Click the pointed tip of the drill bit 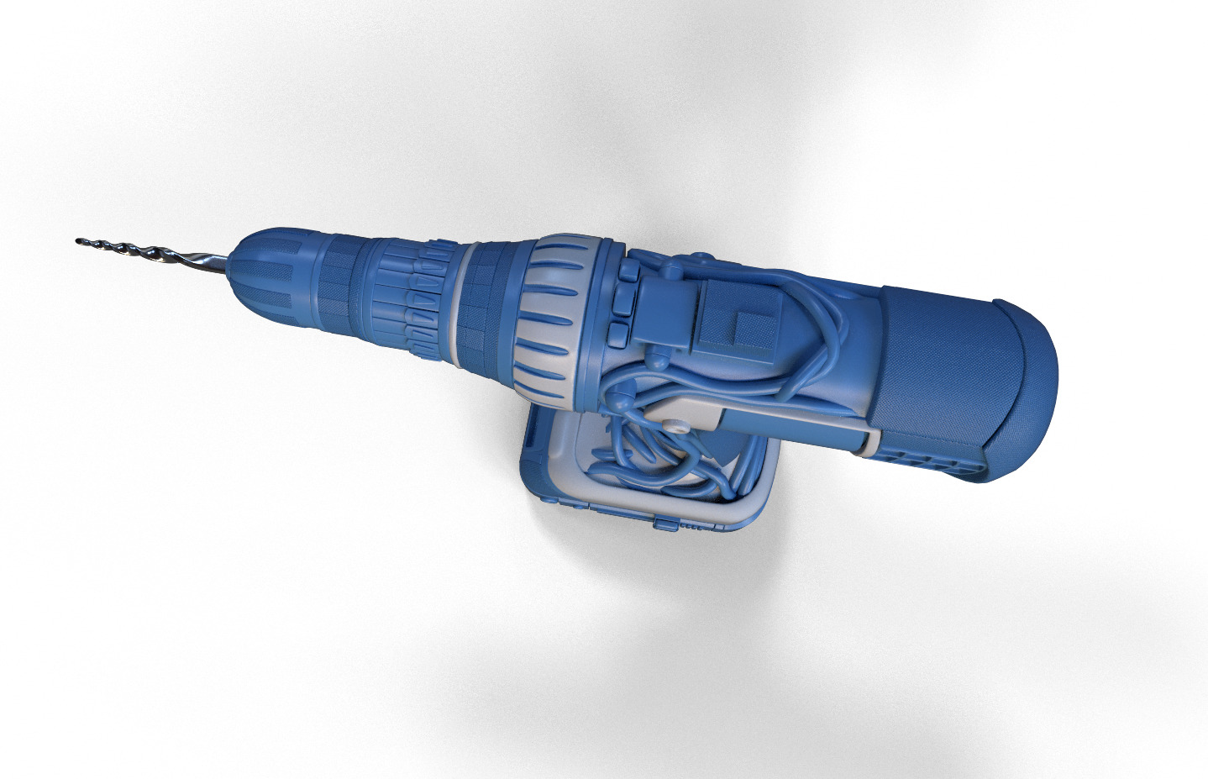point(78,241)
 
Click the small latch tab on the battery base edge point(664,525)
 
